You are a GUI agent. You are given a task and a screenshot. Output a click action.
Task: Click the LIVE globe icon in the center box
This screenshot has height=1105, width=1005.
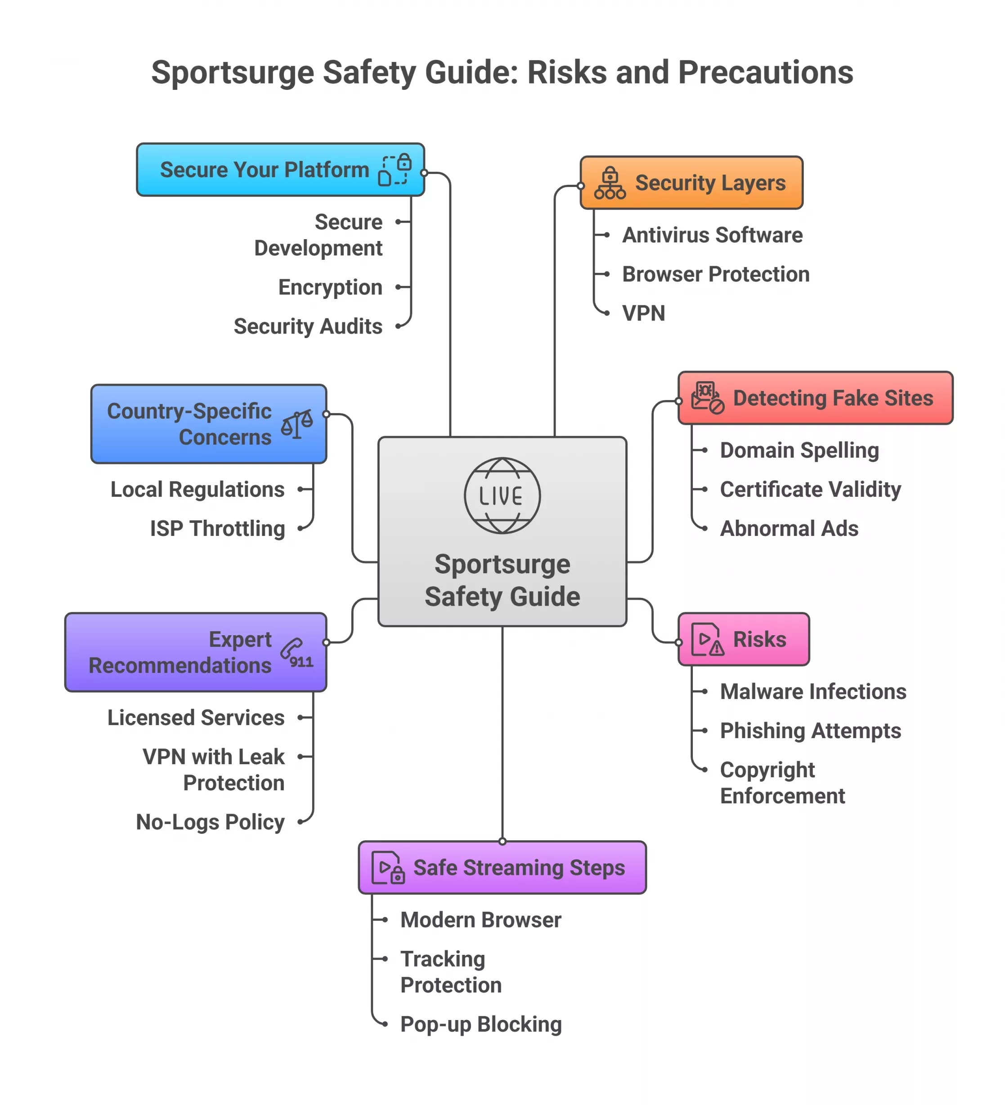[502, 495]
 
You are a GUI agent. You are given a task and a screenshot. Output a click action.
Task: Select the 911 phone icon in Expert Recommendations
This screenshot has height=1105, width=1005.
[296, 652]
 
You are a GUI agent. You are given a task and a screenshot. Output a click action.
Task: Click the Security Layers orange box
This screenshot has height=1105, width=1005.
[691, 183]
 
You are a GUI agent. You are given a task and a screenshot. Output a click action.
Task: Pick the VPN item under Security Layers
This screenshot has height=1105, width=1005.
[643, 313]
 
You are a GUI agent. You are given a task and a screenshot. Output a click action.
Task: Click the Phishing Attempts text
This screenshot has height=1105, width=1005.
[810, 731]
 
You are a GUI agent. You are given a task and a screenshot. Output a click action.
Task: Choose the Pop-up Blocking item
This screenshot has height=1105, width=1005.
[480, 1024]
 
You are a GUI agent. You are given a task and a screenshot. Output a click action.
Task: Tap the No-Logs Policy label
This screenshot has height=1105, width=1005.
[210, 822]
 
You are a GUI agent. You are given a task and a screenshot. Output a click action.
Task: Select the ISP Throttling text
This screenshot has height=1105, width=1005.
[217, 528]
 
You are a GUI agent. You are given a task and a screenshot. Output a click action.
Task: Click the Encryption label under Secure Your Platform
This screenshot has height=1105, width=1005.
[330, 287]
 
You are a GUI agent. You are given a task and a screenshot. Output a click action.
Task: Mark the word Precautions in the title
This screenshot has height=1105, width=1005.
[765, 72]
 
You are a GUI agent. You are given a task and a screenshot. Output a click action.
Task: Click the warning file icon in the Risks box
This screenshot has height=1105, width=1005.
[707, 639]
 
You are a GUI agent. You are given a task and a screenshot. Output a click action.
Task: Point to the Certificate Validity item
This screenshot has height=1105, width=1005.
[810, 490]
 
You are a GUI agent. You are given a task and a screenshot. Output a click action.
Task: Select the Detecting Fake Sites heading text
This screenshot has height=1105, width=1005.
[832, 398]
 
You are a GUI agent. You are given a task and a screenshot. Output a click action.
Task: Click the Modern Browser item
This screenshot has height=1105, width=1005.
[480, 920]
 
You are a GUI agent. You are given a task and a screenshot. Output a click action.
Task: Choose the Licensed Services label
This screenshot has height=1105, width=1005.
[196, 717]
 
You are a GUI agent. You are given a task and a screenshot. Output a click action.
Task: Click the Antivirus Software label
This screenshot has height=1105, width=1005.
[712, 235]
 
